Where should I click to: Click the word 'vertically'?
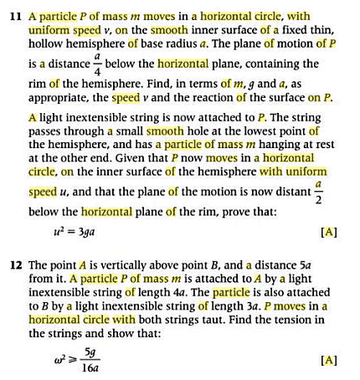tap(116, 260)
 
